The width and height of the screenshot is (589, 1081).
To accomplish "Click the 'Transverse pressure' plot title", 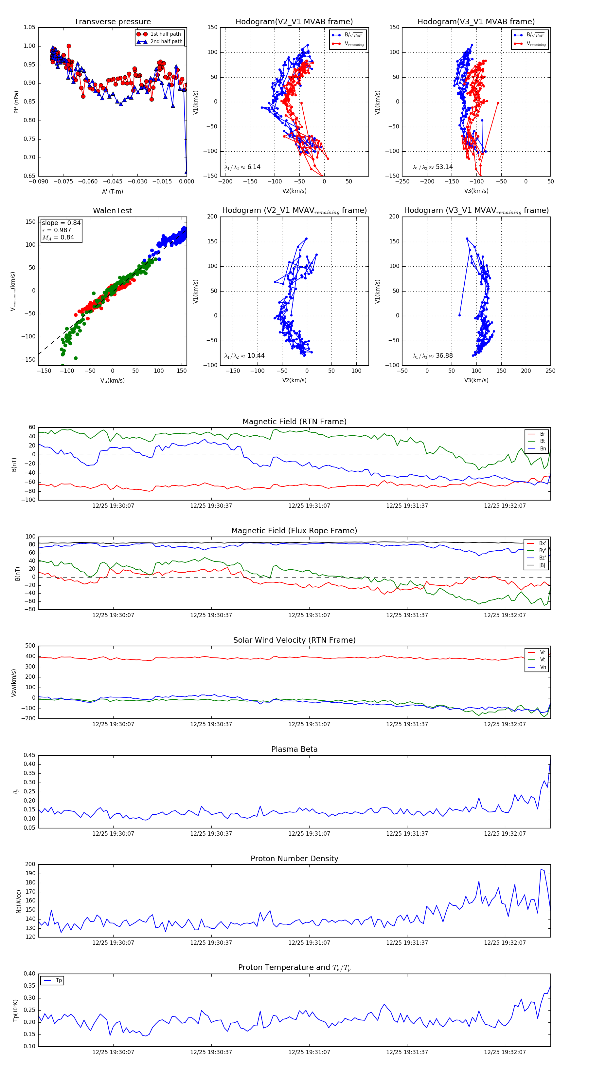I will [x=112, y=22].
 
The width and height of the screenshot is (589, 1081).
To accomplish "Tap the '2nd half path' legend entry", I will [x=166, y=42].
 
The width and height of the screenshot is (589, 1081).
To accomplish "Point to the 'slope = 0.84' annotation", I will [x=61, y=223].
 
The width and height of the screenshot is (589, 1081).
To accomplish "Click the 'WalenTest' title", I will [x=112, y=211].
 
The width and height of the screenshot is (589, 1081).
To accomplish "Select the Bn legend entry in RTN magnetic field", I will [x=543, y=448].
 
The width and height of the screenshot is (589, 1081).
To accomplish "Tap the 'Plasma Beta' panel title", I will [x=294, y=749].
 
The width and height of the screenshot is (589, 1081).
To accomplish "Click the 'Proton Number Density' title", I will [x=294, y=859].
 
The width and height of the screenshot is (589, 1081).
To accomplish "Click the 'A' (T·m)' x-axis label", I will [x=112, y=192].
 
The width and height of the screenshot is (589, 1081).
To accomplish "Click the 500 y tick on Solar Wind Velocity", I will [x=30, y=646].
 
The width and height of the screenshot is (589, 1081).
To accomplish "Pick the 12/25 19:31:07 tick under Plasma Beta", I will [x=309, y=833].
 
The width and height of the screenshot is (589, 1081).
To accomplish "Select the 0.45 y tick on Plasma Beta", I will [x=29, y=755].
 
